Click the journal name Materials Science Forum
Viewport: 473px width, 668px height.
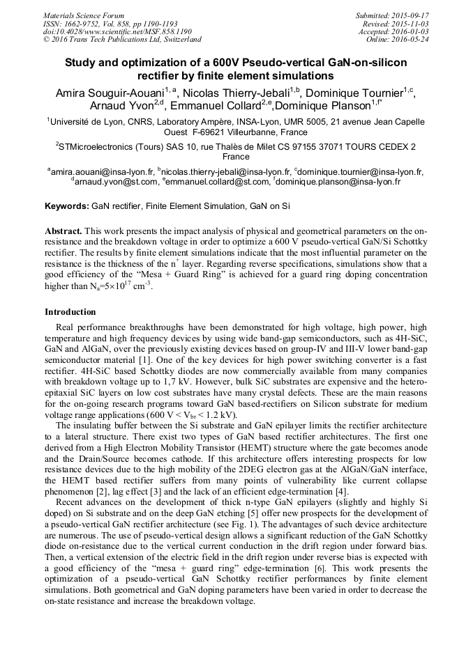[84, 15]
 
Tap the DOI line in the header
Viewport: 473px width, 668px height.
[117, 31]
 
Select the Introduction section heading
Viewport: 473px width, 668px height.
[72, 311]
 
